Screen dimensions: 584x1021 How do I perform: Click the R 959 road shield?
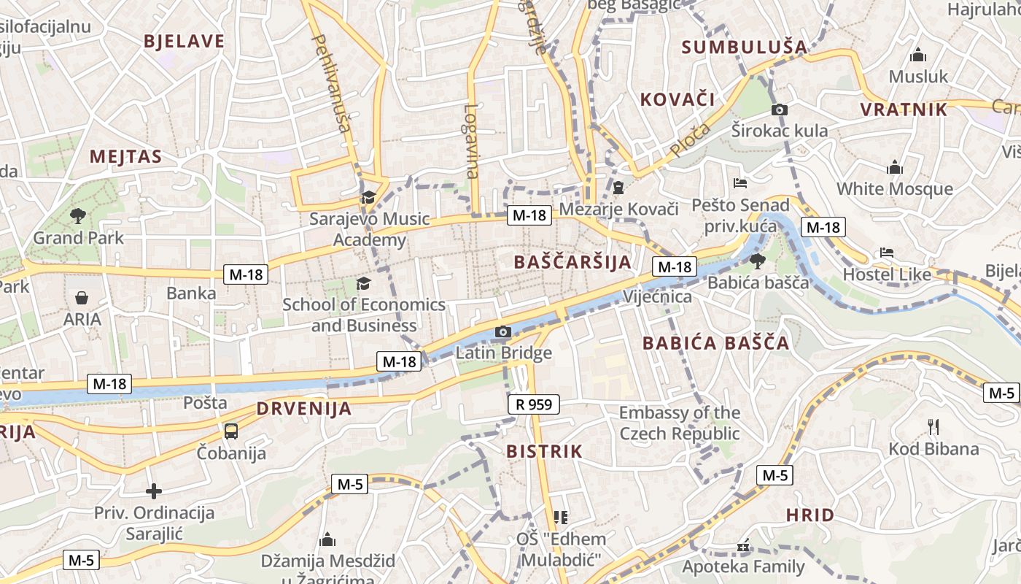(x=534, y=404)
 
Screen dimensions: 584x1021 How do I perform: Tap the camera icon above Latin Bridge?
(x=502, y=333)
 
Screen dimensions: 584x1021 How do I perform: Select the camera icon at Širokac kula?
(x=779, y=110)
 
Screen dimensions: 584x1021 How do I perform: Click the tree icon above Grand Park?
(x=78, y=215)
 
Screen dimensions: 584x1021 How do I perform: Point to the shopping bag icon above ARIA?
(x=82, y=298)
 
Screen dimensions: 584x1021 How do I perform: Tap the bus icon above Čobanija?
(x=231, y=431)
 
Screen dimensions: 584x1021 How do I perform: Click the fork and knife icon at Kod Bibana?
(x=933, y=426)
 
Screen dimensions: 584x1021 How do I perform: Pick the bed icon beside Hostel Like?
(x=887, y=253)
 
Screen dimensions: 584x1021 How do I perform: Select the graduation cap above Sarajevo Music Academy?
(x=369, y=198)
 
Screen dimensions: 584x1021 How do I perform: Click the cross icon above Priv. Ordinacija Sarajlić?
(x=154, y=491)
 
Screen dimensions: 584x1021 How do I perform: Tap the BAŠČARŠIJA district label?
(x=572, y=262)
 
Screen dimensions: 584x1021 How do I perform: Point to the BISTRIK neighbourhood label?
(x=545, y=452)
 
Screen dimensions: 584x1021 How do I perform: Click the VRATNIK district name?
(x=904, y=110)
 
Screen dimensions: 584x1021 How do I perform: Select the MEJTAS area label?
(x=125, y=156)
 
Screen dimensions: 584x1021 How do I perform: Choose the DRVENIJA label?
(x=304, y=409)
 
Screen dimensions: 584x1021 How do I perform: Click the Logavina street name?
(x=472, y=141)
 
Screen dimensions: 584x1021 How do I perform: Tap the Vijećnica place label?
(x=657, y=297)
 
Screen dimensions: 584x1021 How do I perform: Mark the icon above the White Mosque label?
(x=895, y=168)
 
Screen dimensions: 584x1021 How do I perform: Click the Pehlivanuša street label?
(x=332, y=83)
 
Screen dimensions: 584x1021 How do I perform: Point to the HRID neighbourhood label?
(x=810, y=515)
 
